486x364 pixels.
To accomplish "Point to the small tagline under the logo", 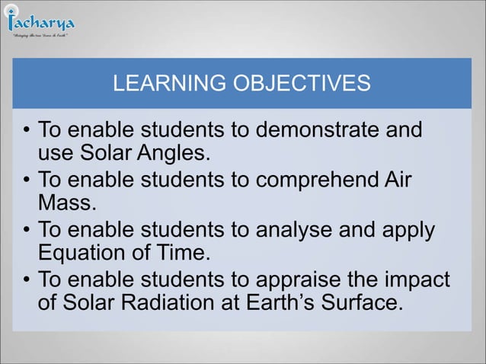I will (x=40, y=35).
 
